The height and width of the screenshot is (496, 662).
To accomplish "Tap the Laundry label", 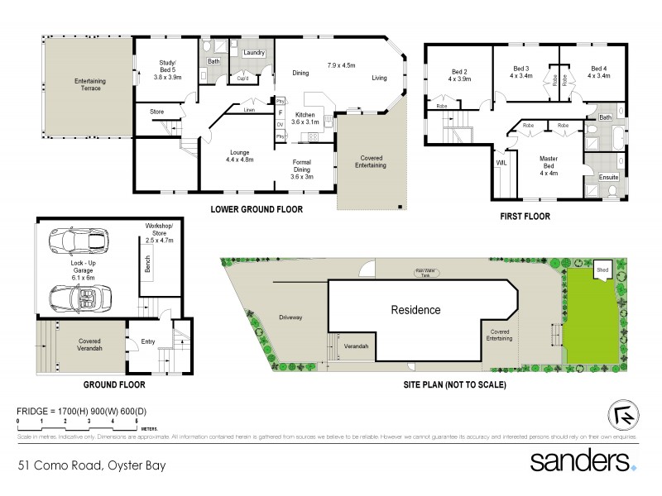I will tap(253, 53).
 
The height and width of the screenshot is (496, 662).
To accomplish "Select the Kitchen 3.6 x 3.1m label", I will tap(304, 118).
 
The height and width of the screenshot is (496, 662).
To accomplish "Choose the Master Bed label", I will tap(548, 163).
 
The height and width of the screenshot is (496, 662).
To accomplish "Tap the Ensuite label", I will tap(608, 177).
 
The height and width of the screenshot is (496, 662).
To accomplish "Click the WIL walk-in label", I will tap(501, 164).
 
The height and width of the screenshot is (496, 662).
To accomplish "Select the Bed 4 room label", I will tap(599, 72).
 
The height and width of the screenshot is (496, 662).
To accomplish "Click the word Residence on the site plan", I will tap(415, 310).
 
